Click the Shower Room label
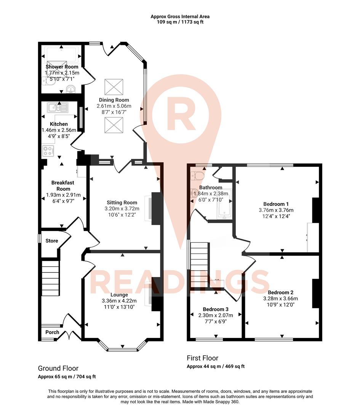click(x=62, y=67)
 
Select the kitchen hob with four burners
click(x=49, y=151)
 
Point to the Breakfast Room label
click(x=63, y=186)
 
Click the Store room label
click(x=52, y=241)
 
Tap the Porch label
click(x=52, y=332)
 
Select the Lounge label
click(x=119, y=295)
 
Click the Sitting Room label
click(x=122, y=202)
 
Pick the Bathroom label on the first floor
click(x=211, y=188)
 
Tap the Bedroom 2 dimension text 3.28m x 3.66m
click(x=280, y=299)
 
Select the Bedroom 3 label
click(x=216, y=309)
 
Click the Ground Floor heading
click(x=58, y=368)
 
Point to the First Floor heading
click(x=202, y=358)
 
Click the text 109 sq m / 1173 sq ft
click(x=180, y=22)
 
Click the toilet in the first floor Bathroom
click(x=198, y=176)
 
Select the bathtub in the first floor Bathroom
click(x=224, y=204)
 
